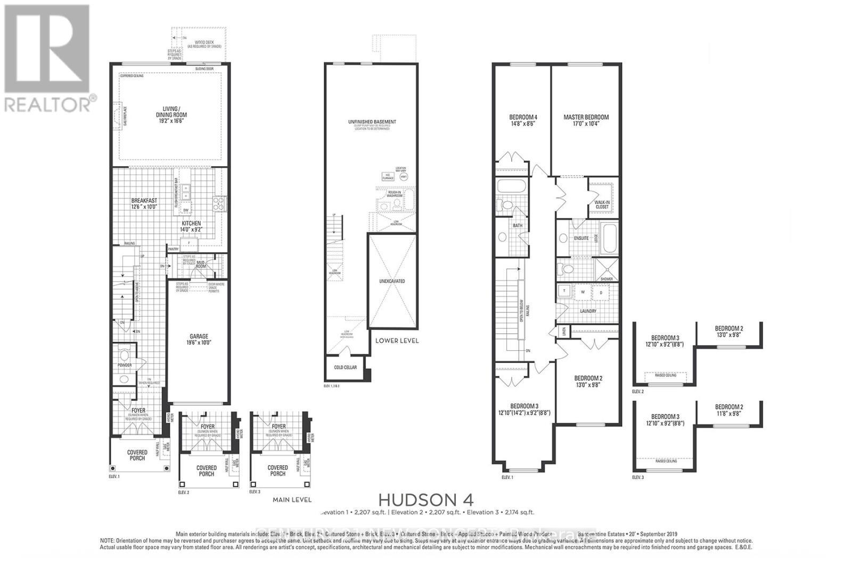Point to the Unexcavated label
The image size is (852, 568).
[x=392, y=281]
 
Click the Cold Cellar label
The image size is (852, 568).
[x=345, y=367]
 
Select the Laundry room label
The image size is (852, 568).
[x=588, y=311]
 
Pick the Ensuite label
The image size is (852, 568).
[x=581, y=238]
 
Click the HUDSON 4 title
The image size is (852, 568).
[x=425, y=499]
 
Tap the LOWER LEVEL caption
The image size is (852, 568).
[x=397, y=341]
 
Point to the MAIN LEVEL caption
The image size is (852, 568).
[x=291, y=499]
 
